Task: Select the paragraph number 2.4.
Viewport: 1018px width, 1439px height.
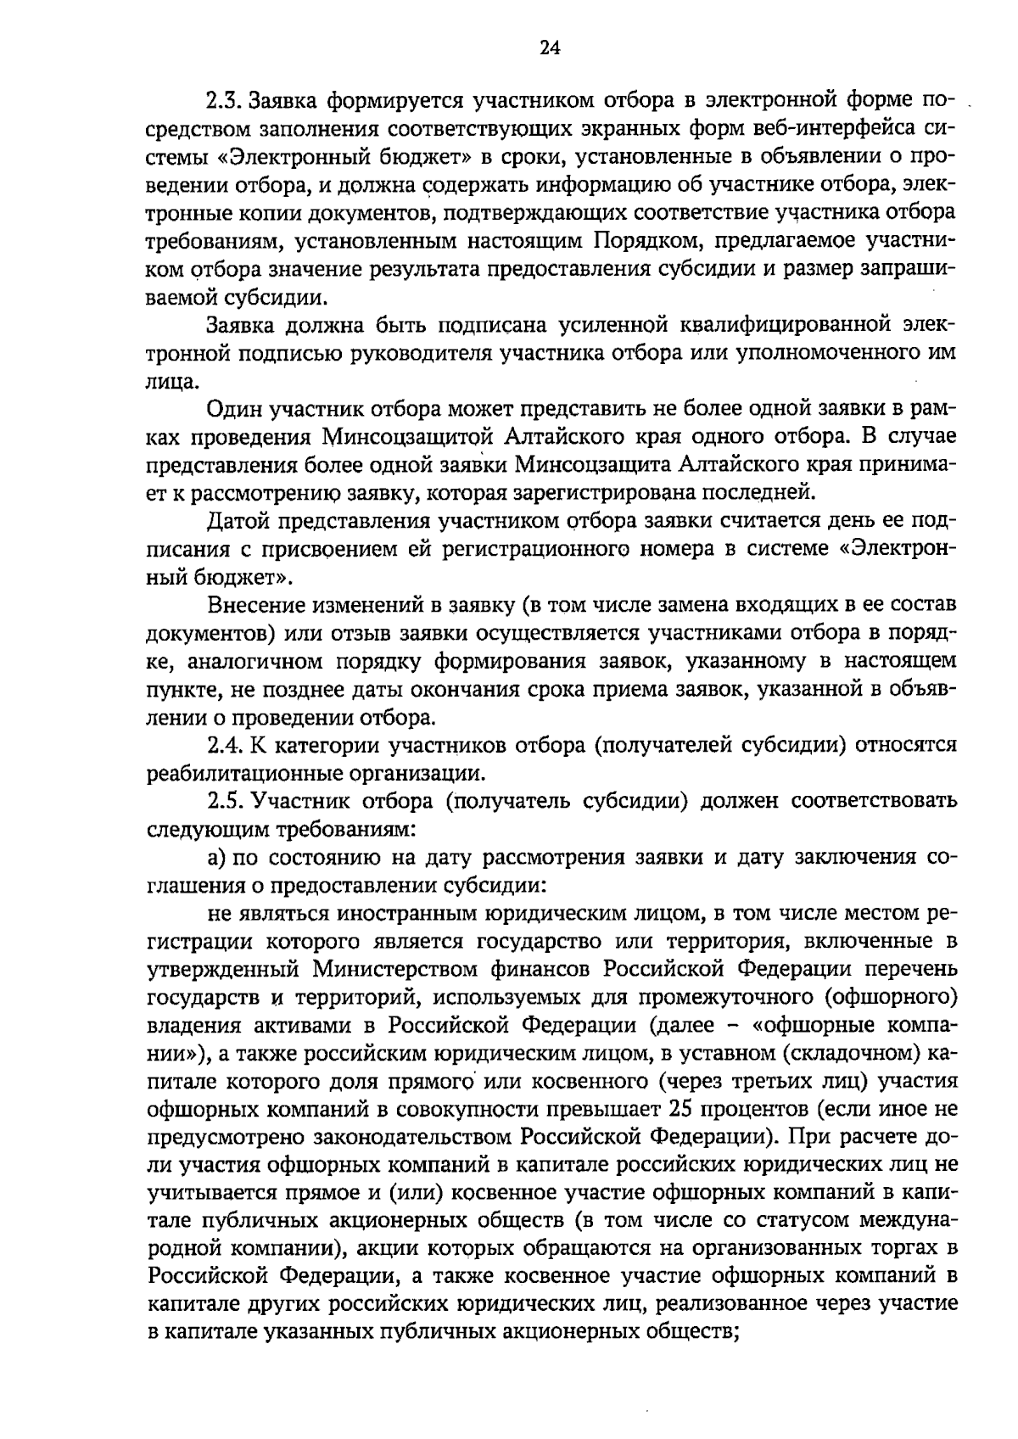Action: point(226,746)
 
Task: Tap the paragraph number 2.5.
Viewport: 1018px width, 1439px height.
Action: point(226,801)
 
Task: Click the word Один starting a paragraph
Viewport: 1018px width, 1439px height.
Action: point(234,410)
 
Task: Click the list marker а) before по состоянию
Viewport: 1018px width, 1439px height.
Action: point(217,857)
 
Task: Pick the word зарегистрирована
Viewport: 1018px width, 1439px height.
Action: point(618,493)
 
